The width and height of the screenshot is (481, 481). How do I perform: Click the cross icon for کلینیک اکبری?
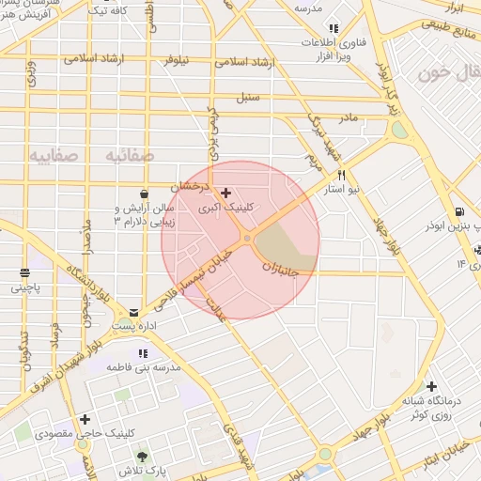(225, 193)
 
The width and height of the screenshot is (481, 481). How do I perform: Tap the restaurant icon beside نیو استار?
(341, 175)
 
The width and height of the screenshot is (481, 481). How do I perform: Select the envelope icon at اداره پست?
(134, 312)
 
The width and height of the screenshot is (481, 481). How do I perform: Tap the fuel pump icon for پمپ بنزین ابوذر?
(458, 211)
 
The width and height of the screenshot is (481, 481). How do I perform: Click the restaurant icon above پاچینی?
(23, 272)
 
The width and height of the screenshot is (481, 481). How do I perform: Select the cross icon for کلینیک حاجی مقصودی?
(85, 419)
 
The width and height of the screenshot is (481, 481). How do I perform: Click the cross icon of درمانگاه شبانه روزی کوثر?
(430, 386)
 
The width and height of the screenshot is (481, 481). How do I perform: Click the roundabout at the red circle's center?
(246, 240)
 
